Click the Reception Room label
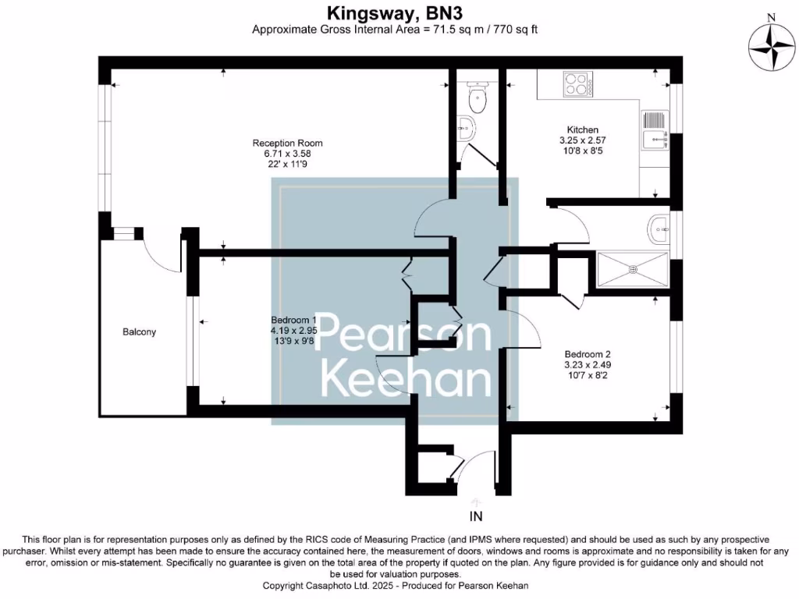click(287, 143)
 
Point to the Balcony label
click(140, 332)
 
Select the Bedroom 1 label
click(293, 321)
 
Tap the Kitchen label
click(582, 129)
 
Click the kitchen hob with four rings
click(577, 83)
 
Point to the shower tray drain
click(633, 270)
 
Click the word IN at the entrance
click(477, 516)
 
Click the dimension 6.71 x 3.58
click(287, 154)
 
